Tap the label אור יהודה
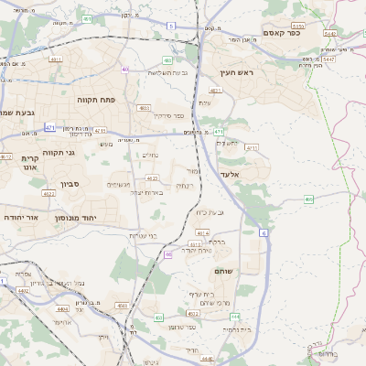click(x=20, y=218)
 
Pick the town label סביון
click(x=71, y=184)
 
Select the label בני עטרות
click(x=145, y=236)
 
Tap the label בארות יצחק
click(x=146, y=192)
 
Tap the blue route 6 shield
click(x=264, y=233)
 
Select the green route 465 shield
click(x=309, y=199)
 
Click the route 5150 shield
click(x=297, y=27)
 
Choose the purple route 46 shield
click(x=168, y=255)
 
